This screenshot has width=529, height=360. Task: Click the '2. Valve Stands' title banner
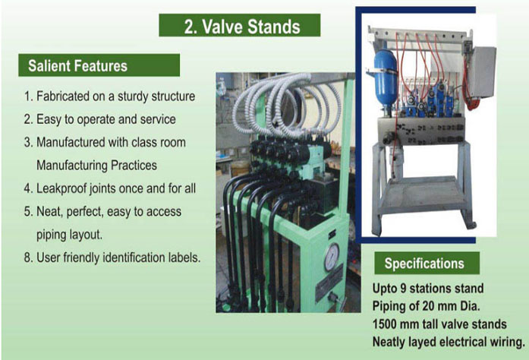pos(240,25)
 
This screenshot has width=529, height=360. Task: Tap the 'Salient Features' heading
pos(99,65)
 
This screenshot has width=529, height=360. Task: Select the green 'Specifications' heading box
pos(427,263)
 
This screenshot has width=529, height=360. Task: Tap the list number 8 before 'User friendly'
pos(27,257)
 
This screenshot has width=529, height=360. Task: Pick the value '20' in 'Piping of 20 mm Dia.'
pos(427,306)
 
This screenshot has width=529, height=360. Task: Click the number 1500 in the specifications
pos(384,324)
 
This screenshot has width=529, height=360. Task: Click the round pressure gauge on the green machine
pos(332,257)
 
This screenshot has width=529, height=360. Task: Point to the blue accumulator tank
pos(386,77)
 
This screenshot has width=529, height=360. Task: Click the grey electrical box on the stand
pos(482,71)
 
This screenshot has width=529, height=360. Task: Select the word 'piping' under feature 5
pos(51,235)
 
